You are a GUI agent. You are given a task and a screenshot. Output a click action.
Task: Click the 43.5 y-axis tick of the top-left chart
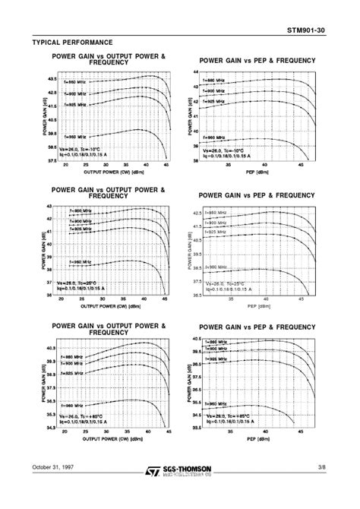pyautogui.click(x=51, y=79)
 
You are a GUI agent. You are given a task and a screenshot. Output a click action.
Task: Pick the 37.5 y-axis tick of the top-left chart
pyautogui.click(x=51, y=160)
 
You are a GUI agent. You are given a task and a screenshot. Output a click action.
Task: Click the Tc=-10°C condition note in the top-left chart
pyautogui.click(x=92, y=149)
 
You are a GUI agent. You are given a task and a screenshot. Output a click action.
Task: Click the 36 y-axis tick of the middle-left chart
pyautogui.click(x=52, y=296)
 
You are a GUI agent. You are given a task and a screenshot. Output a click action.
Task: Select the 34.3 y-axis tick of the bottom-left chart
pyautogui.click(x=51, y=429)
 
